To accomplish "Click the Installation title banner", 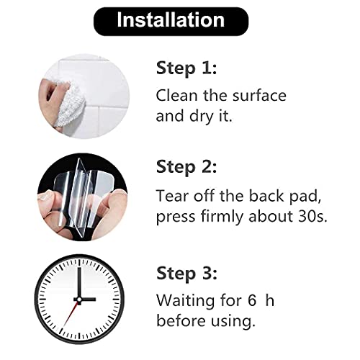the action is [171, 22].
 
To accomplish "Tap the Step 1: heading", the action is [186, 68].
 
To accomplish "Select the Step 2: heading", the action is [186, 167].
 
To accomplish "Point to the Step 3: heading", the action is [186, 274].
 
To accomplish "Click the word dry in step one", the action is [202, 117].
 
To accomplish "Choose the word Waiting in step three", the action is [186, 301].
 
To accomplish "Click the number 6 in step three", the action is [252, 300].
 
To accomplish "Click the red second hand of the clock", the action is [71, 313].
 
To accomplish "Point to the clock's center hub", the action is [78, 300].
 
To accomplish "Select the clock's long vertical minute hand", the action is [79, 283].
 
